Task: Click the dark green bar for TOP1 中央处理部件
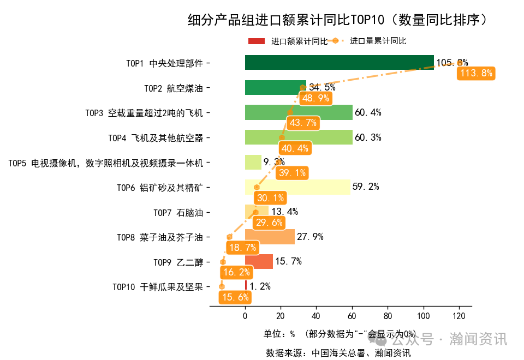coord(339,63)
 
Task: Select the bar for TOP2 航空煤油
coord(275,87)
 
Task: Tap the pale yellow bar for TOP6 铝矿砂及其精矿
coord(297,187)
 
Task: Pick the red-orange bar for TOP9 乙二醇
coord(259,262)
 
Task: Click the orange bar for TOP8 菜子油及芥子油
coord(270,237)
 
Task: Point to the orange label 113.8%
coord(477,73)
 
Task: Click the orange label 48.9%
coord(315,98)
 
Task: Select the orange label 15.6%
coord(235,297)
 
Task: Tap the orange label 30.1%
coord(270,198)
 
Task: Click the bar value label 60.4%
coord(368,113)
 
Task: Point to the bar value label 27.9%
coord(310,237)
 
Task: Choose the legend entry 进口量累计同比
coord(378,41)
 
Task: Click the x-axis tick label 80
coord(388,316)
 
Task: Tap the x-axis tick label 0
coord(245,316)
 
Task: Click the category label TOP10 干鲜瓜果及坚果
coord(158,287)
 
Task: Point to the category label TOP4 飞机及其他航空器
coord(156,138)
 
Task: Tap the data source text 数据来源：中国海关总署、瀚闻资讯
coord(338,352)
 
